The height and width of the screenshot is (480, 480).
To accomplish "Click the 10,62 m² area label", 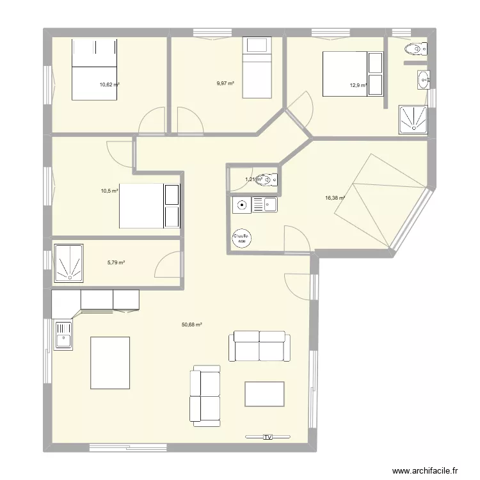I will point(109,84).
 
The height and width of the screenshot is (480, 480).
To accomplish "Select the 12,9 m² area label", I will point(358,84).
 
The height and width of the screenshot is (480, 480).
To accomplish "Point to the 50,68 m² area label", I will point(191,325).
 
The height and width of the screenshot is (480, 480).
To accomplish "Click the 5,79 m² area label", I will point(116,262).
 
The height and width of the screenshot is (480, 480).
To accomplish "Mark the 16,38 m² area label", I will point(335,198).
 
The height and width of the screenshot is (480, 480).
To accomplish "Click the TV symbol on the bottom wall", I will point(268,437).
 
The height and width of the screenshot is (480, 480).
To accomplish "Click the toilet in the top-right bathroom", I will point(417,49).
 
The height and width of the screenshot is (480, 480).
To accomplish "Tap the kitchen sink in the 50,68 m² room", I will point(63,335).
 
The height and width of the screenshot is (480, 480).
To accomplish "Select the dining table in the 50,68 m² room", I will point(110,363).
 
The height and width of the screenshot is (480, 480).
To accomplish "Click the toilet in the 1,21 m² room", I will point(270,180).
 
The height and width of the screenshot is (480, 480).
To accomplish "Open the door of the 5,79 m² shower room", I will point(168,266).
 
